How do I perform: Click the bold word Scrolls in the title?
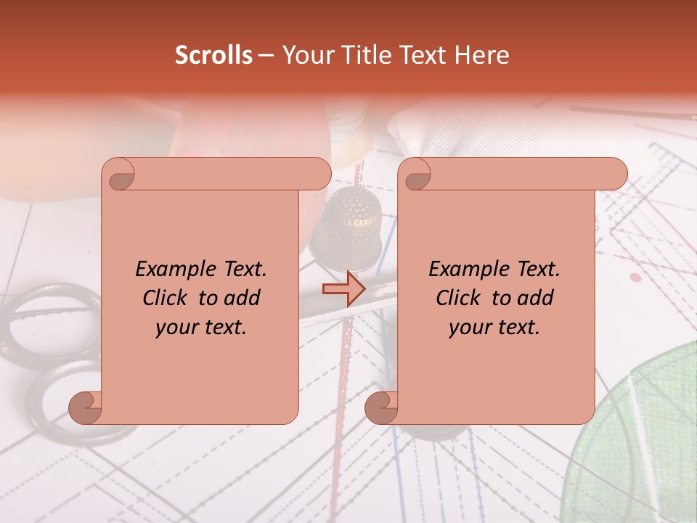click(213, 55)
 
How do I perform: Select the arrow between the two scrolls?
click(344, 290)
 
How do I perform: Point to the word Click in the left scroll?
click(167, 298)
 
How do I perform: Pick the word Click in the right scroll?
click(460, 298)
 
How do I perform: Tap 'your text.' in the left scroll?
click(201, 327)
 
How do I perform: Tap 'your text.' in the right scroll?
click(494, 327)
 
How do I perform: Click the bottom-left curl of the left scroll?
click(86, 406)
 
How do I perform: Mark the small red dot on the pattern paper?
click(636, 277)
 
